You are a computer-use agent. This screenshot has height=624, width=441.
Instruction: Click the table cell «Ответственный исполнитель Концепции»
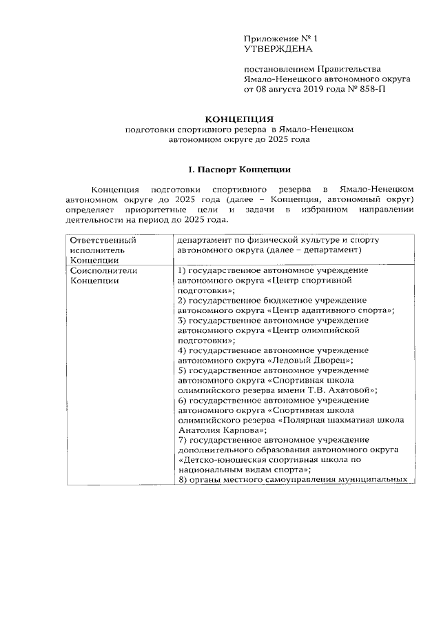coord(101,250)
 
